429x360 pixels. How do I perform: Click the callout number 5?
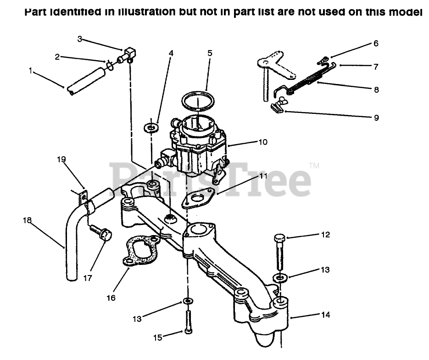(x=210, y=53)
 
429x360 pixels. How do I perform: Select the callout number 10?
(x=262, y=142)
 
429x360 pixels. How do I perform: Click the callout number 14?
(x=325, y=315)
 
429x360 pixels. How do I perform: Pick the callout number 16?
(x=111, y=298)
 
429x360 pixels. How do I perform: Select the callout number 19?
(x=62, y=159)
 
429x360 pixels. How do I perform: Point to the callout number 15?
(x=157, y=338)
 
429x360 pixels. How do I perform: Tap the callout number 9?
(x=376, y=118)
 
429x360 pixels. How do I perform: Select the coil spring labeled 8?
(x=303, y=81)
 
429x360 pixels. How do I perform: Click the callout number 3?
(x=79, y=39)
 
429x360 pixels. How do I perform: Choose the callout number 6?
(x=376, y=44)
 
